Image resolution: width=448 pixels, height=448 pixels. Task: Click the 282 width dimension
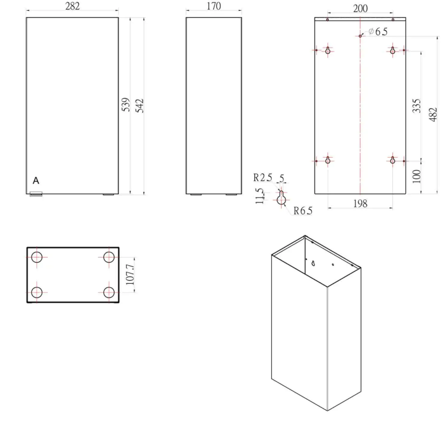[x=72, y=6]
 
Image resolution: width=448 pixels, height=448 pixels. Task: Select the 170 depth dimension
[x=214, y=6]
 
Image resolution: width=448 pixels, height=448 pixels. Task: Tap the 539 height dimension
[x=126, y=105]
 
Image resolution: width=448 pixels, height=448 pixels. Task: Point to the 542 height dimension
[x=139, y=106]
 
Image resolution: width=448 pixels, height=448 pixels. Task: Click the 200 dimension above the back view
[x=360, y=9]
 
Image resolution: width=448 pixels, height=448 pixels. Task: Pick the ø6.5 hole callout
[x=378, y=32]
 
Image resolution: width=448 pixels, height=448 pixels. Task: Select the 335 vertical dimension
[x=416, y=106]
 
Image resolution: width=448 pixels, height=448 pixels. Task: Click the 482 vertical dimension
[x=433, y=114]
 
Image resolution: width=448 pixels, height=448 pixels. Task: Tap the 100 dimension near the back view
[x=416, y=176]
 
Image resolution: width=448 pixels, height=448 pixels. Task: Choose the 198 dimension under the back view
[x=360, y=204]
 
